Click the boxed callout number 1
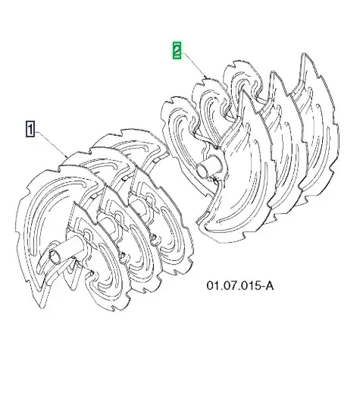coord(30,129)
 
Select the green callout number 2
coord(177,51)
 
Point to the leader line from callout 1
coord(51,144)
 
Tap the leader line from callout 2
coord(194,65)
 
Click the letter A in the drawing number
coord(269,286)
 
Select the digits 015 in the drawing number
coord(248,286)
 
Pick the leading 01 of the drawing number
coord(212,286)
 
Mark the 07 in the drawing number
coord(228,286)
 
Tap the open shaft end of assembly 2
coord(203,169)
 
